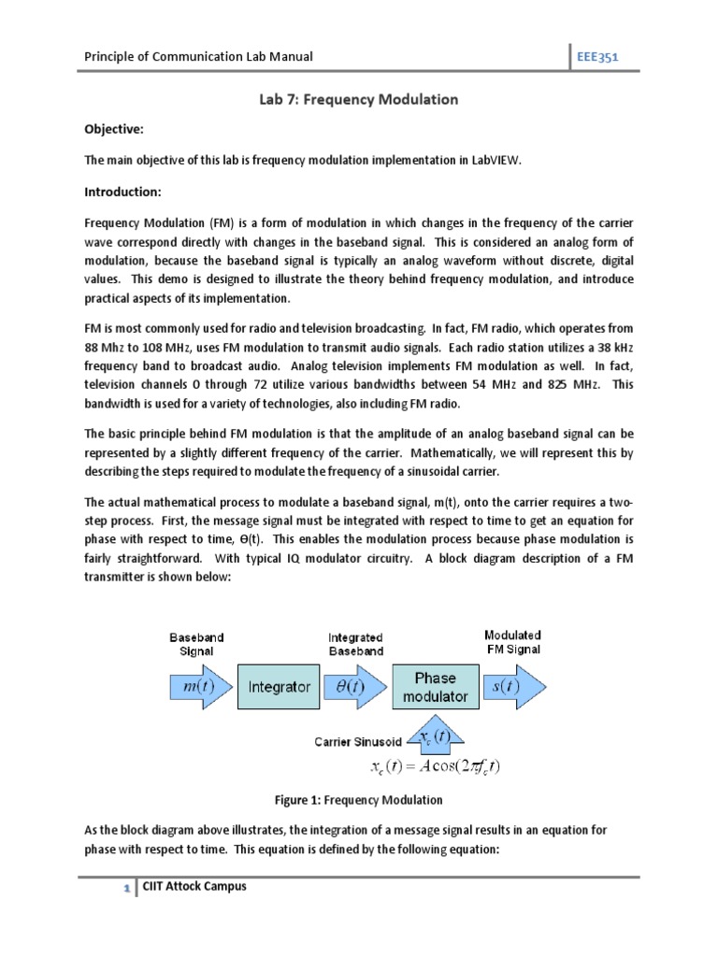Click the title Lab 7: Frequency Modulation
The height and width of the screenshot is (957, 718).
pos(358,98)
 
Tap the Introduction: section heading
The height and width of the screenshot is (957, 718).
pos(123,192)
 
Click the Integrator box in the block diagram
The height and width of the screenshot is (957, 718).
pos(279,687)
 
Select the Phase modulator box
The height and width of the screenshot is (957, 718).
pos(435,687)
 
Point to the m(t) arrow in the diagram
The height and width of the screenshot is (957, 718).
pos(194,687)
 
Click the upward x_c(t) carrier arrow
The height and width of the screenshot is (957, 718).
pos(435,736)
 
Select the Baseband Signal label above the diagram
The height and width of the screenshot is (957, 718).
pos(196,644)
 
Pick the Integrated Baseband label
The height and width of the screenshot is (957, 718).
pos(355,644)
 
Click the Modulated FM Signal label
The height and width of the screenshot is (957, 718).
pos(512,642)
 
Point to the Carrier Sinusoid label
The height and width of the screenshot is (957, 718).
pos(357,741)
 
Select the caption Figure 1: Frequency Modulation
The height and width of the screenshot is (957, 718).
pos(358,800)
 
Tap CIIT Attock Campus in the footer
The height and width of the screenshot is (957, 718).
pos(194,886)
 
